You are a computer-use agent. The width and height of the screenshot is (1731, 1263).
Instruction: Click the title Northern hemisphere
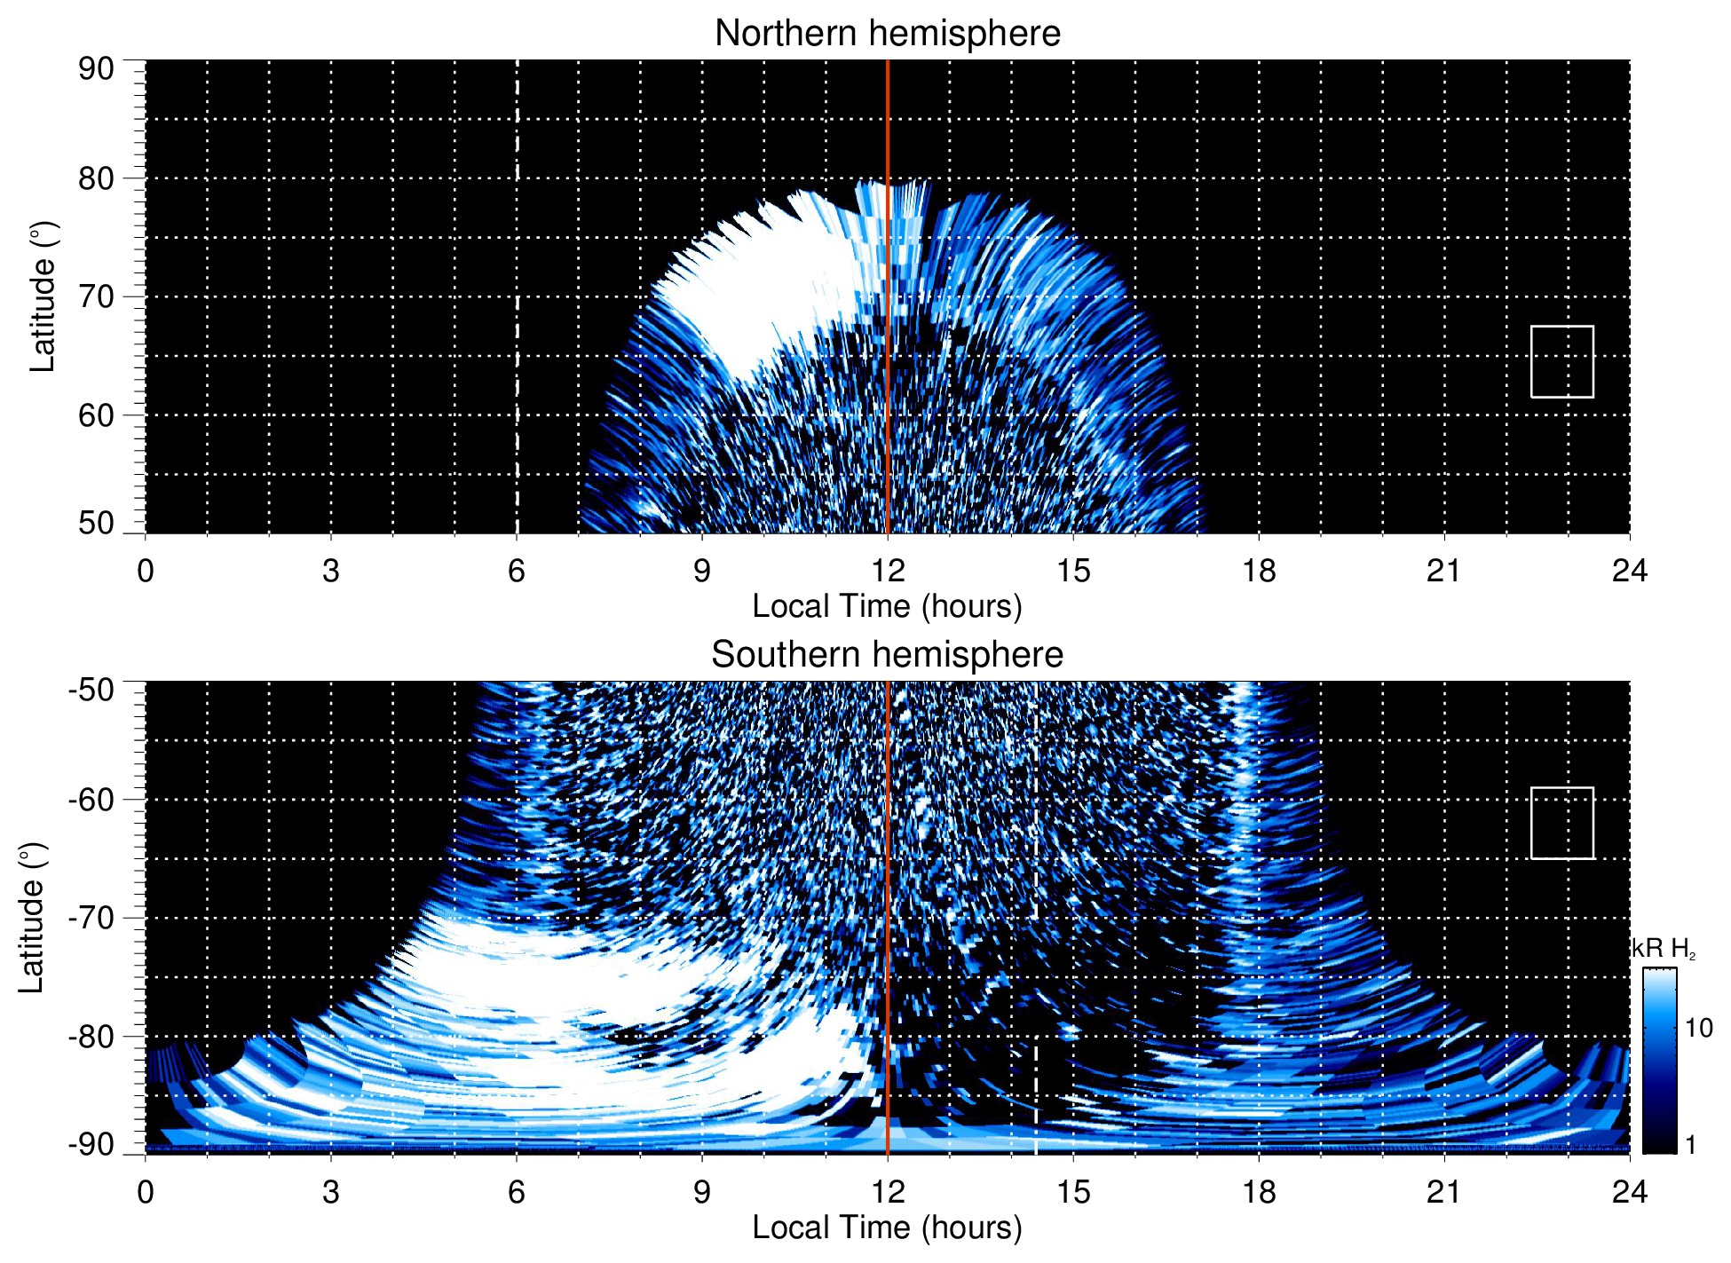pyautogui.click(x=887, y=34)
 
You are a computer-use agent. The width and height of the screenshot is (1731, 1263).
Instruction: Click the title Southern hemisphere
pyautogui.click(x=887, y=655)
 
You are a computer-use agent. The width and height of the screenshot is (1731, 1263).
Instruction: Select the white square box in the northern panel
pyautogui.click(x=1561, y=361)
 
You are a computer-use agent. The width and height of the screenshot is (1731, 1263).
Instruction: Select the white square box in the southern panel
pyautogui.click(x=1561, y=823)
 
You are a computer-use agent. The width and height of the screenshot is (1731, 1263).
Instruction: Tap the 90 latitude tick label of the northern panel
pyautogui.click(x=96, y=69)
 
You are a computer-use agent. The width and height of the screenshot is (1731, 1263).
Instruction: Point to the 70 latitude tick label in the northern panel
pyautogui.click(x=96, y=296)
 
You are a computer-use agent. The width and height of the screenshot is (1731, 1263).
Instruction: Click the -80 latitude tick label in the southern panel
pyautogui.click(x=91, y=1036)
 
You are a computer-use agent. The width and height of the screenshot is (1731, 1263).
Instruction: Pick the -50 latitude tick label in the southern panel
pyautogui.click(x=91, y=690)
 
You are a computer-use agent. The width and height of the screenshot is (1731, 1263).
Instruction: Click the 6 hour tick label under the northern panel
pyautogui.click(x=517, y=571)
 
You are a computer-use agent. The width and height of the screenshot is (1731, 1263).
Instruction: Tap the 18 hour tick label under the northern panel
pyautogui.click(x=1259, y=571)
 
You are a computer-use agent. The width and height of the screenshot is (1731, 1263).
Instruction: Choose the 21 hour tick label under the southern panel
pyautogui.click(x=1443, y=1192)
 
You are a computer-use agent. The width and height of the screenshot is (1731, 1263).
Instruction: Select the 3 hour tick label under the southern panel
pyautogui.click(x=331, y=1192)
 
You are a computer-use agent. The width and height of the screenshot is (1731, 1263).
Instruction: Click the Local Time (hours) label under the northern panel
pyautogui.click(x=887, y=606)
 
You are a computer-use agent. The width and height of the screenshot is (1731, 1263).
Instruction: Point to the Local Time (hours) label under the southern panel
pyautogui.click(x=887, y=1227)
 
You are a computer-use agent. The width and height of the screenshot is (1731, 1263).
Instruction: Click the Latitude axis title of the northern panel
pyautogui.click(x=43, y=296)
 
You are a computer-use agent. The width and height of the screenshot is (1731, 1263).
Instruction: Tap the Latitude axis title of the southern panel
pyautogui.click(x=32, y=918)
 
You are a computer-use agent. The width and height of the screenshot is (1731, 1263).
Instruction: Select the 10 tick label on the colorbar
pyautogui.click(x=1698, y=1028)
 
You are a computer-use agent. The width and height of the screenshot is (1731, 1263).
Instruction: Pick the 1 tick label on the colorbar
pyautogui.click(x=1690, y=1144)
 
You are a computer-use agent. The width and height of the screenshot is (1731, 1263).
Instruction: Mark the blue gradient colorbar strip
pyautogui.click(x=1659, y=1061)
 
